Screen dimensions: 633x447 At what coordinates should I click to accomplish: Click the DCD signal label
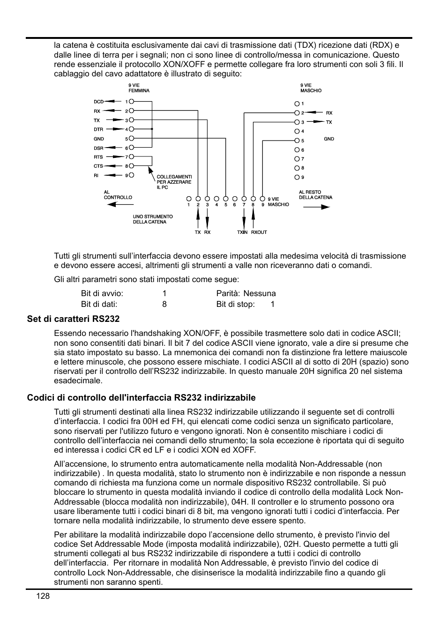(98, 102)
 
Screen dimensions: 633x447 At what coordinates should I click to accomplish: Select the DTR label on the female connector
(98, 129)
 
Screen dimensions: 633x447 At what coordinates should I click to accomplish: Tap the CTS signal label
(98, 166)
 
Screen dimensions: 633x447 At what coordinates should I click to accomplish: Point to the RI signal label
(96, 175)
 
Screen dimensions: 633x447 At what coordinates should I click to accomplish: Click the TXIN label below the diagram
(242, 232)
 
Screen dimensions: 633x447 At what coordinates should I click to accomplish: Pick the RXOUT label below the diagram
(259, 232)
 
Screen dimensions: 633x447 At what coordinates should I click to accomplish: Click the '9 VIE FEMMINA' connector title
(139, 88)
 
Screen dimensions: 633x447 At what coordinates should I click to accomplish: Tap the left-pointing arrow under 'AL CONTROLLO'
(117, 205)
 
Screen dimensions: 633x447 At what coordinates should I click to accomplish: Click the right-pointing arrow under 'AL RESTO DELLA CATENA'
(316, 207)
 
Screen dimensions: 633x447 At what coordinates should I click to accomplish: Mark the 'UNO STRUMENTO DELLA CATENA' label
(153, 219)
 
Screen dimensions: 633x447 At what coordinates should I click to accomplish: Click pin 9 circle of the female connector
(132, 175)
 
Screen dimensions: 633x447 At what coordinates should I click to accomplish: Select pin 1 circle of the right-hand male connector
(297, 104)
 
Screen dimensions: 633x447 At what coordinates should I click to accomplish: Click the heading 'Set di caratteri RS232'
(73, 319)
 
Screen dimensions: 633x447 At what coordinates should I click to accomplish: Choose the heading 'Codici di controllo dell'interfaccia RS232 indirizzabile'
(141, 398)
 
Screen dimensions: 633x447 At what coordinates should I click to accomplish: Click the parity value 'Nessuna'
(259, 293)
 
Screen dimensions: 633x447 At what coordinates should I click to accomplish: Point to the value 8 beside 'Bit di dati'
(164, 304)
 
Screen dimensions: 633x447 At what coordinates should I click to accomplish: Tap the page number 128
(41, 596)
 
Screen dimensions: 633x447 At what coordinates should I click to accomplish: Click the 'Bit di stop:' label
(235, 304)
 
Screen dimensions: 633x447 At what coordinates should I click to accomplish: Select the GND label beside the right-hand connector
(329, 139)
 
